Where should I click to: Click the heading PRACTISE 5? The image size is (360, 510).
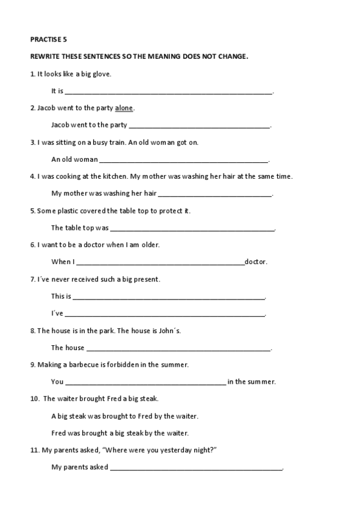[x=49, y=39]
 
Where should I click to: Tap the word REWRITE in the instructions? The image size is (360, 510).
[x=45, y=57]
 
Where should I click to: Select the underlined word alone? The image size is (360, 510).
[x=124, y=108]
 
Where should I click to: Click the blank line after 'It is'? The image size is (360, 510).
[x=168, y=92]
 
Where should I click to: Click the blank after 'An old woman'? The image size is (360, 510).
[x=183, y=161]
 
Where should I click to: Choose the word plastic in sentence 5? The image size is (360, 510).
[x=71, y=211]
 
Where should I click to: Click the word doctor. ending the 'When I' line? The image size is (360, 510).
[x=256, y=262]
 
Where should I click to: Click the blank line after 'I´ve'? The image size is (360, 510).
[x=165, y=314]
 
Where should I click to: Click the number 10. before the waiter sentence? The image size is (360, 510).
[x=35, y=399]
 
